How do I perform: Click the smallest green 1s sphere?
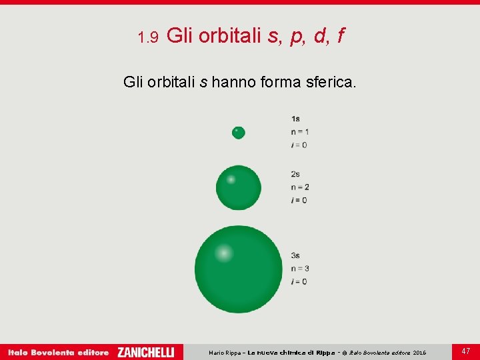[x=239, y=133]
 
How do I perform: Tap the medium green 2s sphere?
[x=239, y=188]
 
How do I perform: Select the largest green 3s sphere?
[x=239, y=269]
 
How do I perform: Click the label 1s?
[x=295, y=119]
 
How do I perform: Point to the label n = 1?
[x=300, y=132]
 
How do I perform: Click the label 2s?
[x=295, y=175]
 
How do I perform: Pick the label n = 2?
[x=300, y=187]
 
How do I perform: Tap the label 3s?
[x=295, y=255]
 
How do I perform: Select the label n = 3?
[x=300, y=269]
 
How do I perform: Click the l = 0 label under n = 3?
[x=299, y=281]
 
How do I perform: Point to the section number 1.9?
[x=147, y=37]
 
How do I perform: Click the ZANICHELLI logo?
[x=145, y=352]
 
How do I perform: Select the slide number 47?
[x=465, y=351]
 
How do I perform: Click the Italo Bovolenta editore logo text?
[x=58, y=352]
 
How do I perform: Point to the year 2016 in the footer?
[x=419, y=353]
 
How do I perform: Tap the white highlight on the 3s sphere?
[x=223, y=253]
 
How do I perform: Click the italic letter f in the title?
[x=340, y=36]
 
